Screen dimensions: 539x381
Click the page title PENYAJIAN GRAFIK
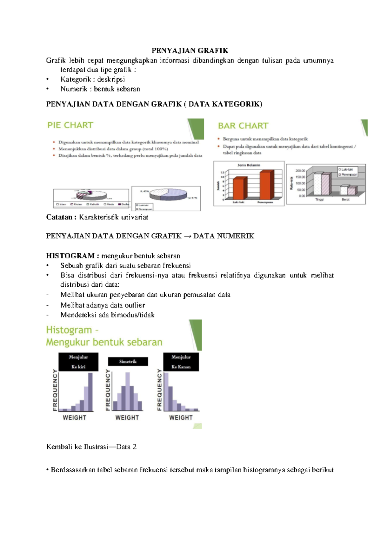tap(190, 51)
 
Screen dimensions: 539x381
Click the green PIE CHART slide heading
tap(70, 125)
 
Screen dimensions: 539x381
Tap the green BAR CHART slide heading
tap(243, 126)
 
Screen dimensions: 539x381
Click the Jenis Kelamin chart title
tap(249, 165)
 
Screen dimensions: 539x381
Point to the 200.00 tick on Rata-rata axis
tap(300, 171)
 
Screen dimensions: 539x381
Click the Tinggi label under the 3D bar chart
tap(319, 200)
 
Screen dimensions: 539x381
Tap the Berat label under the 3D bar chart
tap(345, 200)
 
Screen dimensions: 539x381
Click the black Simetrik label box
tap(128, 362)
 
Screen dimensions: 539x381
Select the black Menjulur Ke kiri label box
tap(78, 362)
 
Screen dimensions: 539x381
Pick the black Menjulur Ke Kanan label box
tap(181, 362)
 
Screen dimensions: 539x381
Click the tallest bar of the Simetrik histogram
tap(128, 392)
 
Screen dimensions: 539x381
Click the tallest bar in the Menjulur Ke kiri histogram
tap(90, 392)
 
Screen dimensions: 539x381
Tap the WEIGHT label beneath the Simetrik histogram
tap(127, 418)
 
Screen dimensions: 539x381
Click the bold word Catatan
tap(59, 217)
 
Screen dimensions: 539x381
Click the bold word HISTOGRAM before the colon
tap(70, 256)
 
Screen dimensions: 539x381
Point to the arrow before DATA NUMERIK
tap(187, 236)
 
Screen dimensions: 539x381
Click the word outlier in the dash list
tap(135, 305)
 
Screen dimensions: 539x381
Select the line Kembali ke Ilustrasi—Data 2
tap(91, 447)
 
